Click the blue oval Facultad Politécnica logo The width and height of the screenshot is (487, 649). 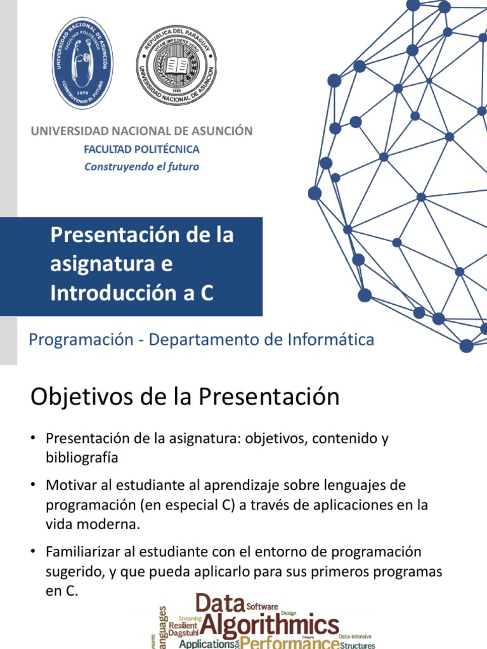82,63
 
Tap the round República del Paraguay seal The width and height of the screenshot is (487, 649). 177,66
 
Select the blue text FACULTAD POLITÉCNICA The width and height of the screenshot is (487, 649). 142,150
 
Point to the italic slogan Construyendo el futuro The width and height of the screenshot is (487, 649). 142,167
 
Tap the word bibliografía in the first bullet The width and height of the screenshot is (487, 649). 82,457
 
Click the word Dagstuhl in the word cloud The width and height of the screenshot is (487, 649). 184,633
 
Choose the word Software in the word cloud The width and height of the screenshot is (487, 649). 262,606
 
